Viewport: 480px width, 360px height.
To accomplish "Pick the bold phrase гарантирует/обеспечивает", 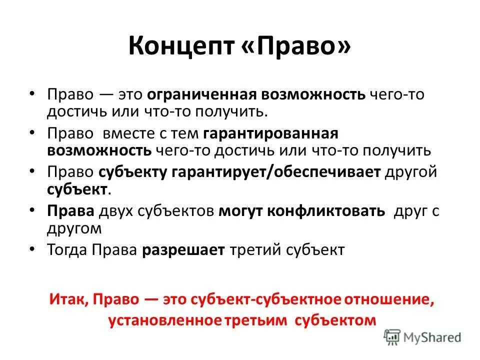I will tap(240, 172).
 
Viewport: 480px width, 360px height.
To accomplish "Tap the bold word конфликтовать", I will tap(326, 211).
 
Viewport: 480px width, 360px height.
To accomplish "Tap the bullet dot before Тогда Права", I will tap(32, 248).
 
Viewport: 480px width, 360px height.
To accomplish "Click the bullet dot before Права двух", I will tap(32, 210).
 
